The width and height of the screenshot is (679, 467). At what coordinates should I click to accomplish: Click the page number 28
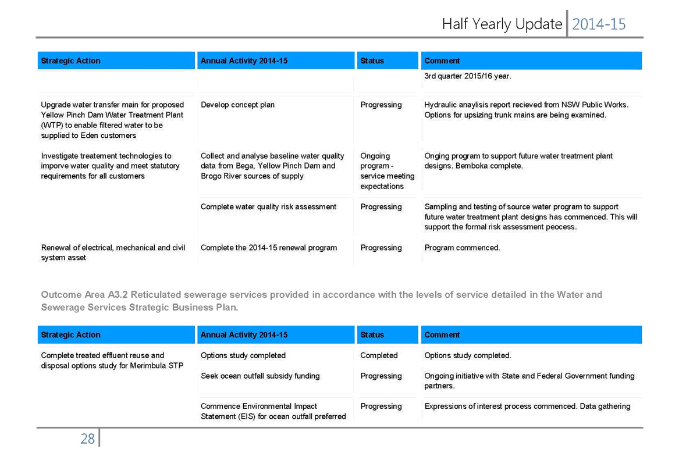click(87, 439)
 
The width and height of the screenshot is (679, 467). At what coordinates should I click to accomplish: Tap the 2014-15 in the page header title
click(599, 24)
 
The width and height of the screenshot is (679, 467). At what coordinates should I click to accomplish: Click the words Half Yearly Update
click(502, 24)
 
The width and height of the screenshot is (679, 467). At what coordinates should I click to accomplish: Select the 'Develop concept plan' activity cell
click(237, 105)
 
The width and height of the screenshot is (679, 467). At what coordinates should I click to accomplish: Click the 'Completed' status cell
click(379, 355)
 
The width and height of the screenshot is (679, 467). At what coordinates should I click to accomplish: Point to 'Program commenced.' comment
click(462, 248)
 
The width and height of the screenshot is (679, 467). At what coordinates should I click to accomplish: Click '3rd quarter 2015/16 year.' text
click(468, 76)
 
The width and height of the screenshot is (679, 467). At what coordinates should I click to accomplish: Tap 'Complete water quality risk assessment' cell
click(268, 207)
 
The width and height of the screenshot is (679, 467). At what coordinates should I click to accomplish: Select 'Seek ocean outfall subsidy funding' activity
click(260, 376)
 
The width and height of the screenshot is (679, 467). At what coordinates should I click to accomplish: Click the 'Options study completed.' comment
click(468, 355)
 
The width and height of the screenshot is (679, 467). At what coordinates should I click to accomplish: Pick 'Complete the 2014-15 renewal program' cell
click(268, 248)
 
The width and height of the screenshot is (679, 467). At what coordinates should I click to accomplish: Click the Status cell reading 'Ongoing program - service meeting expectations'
click(387, 171)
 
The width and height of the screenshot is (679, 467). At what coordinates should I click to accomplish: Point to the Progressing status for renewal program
click(381, 248)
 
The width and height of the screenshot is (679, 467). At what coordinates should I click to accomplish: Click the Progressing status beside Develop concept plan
click(381, 105)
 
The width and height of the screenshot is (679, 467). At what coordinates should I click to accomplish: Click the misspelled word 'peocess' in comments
click(561, 227)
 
